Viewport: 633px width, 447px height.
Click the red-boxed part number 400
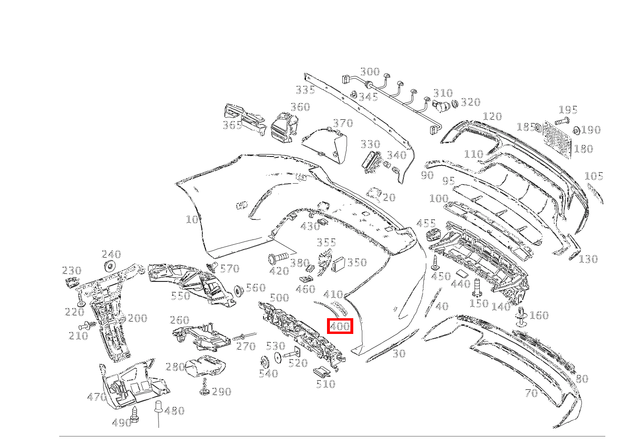[x=340, y=327]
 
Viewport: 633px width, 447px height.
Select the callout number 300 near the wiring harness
[x=369, y=72]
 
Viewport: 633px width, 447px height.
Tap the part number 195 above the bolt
[x=568, y=110]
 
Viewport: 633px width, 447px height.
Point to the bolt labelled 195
[x=562, y=121]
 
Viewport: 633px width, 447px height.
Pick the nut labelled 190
[x=576, y=130]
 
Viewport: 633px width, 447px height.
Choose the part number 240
[x=111, y=255]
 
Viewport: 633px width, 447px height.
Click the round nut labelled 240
[x=110, y=266]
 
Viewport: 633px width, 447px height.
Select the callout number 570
[x=229, y=269]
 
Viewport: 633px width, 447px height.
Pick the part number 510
[x=326, y=384]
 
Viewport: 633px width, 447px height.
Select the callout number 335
[x=305, y=90]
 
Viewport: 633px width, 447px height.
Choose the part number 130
[x=588, y=259]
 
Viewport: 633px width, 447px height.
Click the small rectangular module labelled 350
[x=339, y=264]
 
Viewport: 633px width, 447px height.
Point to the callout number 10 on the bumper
[x=192, y=220]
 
